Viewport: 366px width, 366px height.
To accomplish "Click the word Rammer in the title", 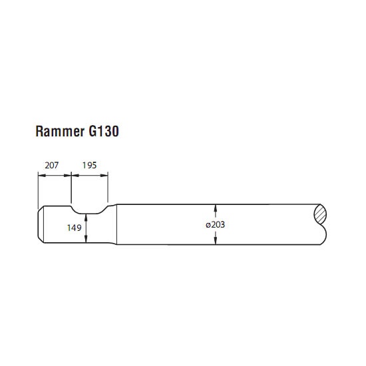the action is pyautogui.click(x=60, y=131).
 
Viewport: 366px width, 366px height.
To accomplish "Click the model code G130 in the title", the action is pyautogui.click(x=104, y=131).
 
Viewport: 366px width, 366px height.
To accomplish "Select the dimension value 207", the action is pyautogui.click(x=52, y=166).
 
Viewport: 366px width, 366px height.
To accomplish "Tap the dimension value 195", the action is pyautogui.click(x=89, y=165).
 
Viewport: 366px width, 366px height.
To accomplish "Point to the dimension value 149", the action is pyautogui.click(x=74, y=228).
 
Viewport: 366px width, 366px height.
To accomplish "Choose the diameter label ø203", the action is pyautogui.click(x=215, y=224).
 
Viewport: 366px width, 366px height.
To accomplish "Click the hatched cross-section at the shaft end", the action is pyautogui.click(x=320, y=214).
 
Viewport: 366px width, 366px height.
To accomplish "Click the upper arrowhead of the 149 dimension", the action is pyautogui.click(x=86, y=218).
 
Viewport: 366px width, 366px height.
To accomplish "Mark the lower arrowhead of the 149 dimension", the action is pyautogui.click(x=86, y=239).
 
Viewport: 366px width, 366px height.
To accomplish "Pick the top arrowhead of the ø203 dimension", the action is pyautogui.click(x=215, y=208).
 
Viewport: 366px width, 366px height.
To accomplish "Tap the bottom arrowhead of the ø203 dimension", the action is pyautogui.click(x=215, y=241).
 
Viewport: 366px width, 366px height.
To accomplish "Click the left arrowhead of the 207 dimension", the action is pyautogui.click(x=42, y=175).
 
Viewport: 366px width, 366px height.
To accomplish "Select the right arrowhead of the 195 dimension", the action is pyautogui.click(x=104, y=175).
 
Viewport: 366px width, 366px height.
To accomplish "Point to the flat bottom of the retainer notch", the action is pyautogui.click(x=89, y=214).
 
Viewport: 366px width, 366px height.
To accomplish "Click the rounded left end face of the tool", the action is pyautogui.click(x=41, y=224).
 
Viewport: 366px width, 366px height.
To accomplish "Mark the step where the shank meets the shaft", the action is pyautogui.click(x=116, y=224).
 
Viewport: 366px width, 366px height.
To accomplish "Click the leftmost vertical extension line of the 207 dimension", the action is pyautogui.click(x=38, y=190).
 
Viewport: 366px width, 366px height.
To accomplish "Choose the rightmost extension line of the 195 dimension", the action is pyautogui.click(x=108, y=187).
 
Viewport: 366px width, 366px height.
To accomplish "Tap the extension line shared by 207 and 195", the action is pyautogui.click(x=71, y=188).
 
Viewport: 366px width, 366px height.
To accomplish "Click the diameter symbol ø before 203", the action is pyautogui.click(x=208, y=225).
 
